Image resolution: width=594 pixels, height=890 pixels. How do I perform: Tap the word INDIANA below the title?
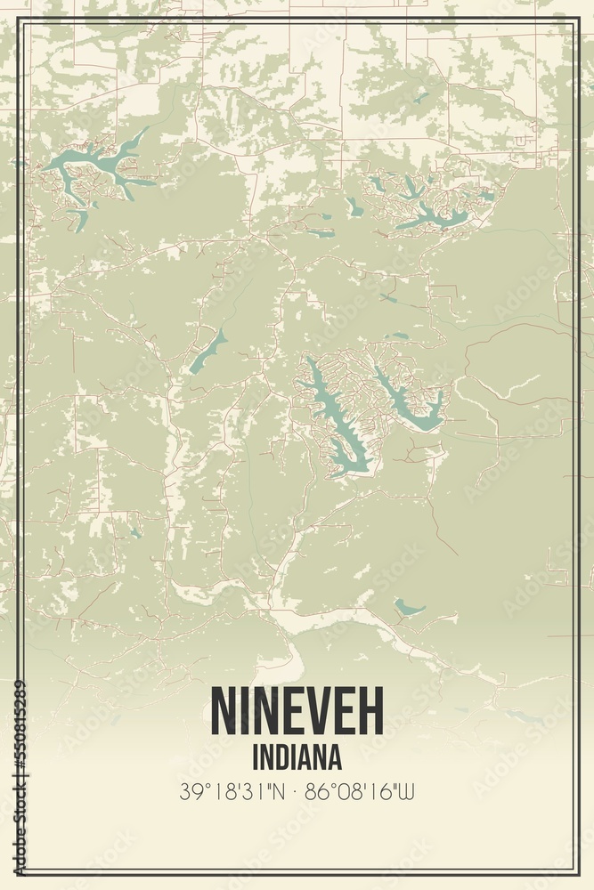(297, 757)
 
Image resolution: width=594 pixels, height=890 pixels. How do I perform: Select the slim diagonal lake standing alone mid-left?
(207, 351)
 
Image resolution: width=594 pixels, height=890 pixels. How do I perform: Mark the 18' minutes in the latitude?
(221, 791)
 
